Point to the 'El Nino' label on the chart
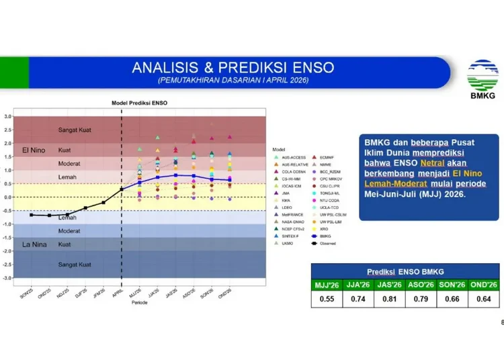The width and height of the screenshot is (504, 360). (x=33, y=150)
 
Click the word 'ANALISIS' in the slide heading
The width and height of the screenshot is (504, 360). (x=162, y=67)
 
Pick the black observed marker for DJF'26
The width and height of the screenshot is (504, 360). (x=85, y=208)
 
